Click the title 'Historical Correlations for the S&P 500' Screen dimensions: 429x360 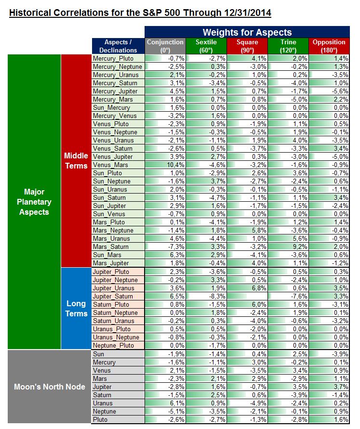click(x=140, y=12)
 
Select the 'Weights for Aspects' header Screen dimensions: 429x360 click(x=247, y=32)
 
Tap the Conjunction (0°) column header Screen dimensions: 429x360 click(x=165, y=46)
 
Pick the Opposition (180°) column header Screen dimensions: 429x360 click(x=329, y=46)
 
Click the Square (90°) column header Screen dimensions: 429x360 click(x=247, y=46)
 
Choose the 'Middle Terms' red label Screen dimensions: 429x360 click(x=76, y=161)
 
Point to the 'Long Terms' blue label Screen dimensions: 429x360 click(x=76, y=309)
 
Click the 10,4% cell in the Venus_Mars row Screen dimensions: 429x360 click(x=165, y=165)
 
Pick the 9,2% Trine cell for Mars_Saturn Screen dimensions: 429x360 click(x=288, y=247)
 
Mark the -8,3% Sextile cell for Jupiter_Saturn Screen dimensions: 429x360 click(x=206, y=296)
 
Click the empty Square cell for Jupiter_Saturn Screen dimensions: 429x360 click(x=247, y=296)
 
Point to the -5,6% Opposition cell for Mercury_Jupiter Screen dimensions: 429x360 click(x=329, y=91)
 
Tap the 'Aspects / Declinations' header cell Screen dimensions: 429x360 click(x=118, y=46)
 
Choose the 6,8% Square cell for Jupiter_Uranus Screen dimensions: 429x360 click(x=247, y=288)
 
